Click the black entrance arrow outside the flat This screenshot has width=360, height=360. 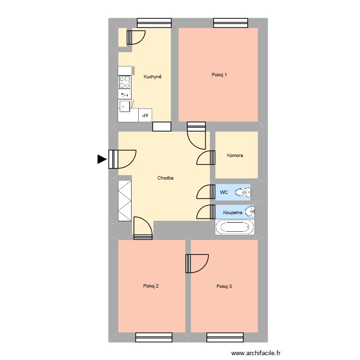click(x=102, y=159)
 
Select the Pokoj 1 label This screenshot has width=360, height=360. click(x=219, y=74)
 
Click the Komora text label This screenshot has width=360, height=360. click(x=235, y=155)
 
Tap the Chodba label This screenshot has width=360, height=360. click(x=165, y=178)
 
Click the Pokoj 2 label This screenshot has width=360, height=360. click(x=151, y=286)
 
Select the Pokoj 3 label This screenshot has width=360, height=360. click(x=224, y=287)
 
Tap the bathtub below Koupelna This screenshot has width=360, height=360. click(x=235, y=228)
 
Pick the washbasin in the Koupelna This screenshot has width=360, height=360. click(x=250, y=212)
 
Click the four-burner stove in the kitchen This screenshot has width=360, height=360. click(x=125, y=82)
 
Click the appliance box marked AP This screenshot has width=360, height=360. click(x=145, y=115)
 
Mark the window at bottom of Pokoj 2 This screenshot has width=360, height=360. click(x=154, y=337)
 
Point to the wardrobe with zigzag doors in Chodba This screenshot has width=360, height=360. click(x=125, y=201)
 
